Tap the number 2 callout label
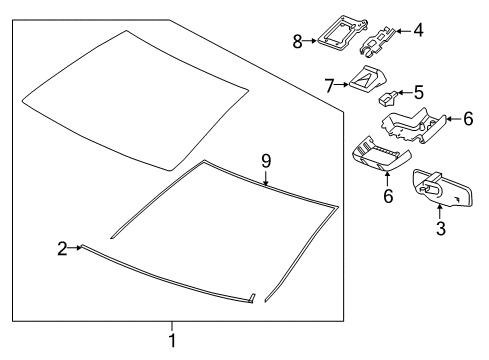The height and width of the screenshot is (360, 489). tap(62, 247)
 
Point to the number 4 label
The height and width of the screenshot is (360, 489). tap(418, 30)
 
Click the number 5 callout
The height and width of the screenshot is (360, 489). tap(418, 92)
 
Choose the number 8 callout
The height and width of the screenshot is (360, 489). tap(296, 41)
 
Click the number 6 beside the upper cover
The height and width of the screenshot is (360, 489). tap(466, 118)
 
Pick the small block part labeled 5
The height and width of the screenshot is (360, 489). tap(388, 98)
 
